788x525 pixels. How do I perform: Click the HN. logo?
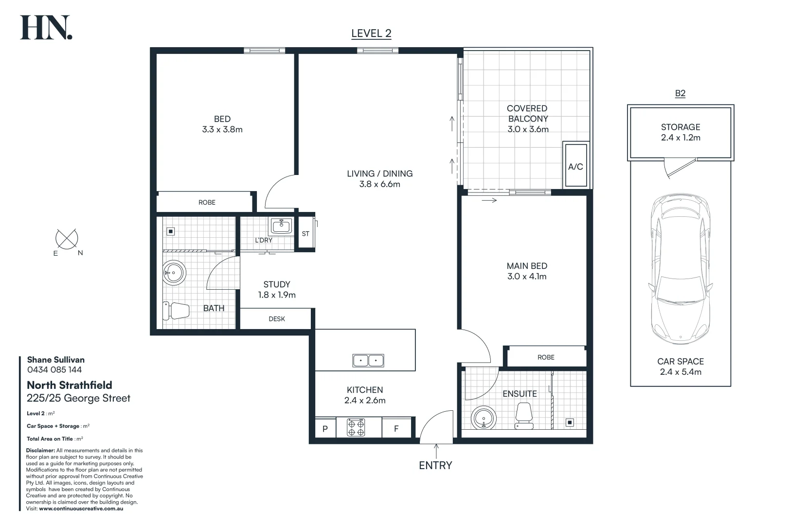pyautogui.click(x=46, y=28)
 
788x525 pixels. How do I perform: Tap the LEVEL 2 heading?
pyautogui.click(x=371, y=34)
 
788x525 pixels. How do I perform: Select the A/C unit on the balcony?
pyautogui.click(x=575, y=165)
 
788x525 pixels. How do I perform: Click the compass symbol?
pyautogui.click(x=67, y=239)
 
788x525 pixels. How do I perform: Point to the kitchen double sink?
pyautogui.click(x=368, y=361)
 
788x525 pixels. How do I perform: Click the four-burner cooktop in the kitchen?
pyautogui.click(x=356, y=428)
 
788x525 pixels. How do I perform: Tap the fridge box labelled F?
pyautogui.click(x=396, y=429)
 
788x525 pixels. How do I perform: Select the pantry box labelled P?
pyautogui.click(x=325, y=429)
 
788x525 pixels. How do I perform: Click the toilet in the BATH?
pyautogui.click(x=176, y=311)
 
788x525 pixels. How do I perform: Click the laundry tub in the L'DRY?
pyautogui.click(x=281, y=226)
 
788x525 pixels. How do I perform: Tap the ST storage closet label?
pyautogui.click(x=305, y=234)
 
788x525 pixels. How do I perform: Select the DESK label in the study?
pyautogui.click(x=277, y=319)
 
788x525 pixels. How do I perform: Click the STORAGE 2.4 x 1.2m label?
pyautogui.click(x=681, y=132)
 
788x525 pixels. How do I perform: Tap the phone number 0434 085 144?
pyautogui.click(x=54, y=370)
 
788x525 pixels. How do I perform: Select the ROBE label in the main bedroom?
pyautogui.click(x=546, y=357)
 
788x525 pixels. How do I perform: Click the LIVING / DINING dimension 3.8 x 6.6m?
pyautogui.click(x=379, y=184)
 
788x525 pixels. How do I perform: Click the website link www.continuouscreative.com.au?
pyautogui.click(x=81, y=508)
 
